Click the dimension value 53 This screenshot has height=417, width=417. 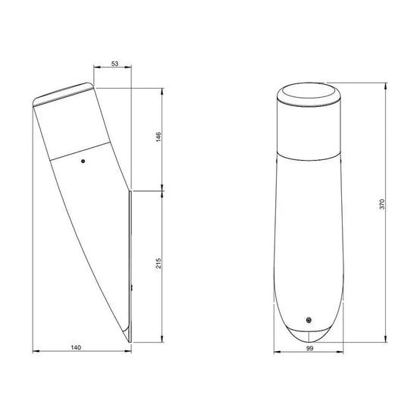[114, 64]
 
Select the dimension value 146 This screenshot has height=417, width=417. [158, 136]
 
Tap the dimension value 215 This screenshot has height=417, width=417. [158, 263]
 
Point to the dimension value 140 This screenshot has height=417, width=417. [76, 347]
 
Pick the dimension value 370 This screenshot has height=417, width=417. [382, 204]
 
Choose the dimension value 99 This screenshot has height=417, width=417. [310, 348]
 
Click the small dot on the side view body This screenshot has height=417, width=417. [83, 161]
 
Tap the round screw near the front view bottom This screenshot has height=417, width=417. [309, 320]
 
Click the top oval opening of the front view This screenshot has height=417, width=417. [309, 91]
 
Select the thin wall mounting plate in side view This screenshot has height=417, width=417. [130, 266]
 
